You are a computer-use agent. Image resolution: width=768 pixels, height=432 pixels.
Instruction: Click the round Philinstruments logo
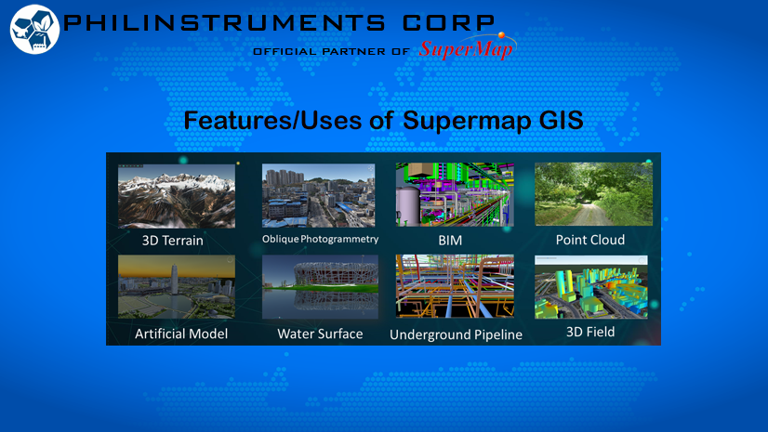click(x=34, y=30)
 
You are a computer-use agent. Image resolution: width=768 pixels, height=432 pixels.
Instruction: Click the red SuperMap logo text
click(x=466, y=49)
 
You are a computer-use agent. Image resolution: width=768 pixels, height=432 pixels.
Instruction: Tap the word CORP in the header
click(x=448, y=22)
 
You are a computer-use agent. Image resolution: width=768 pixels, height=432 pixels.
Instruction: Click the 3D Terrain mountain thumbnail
click(x=177, y=196)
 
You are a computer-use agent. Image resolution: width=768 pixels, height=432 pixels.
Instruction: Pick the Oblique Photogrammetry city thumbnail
click(x=318, y=195)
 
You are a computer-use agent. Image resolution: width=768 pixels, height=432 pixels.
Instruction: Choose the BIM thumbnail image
click(x=455, y=194)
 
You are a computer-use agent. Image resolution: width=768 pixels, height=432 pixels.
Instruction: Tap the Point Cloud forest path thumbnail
click(x=593, y=194)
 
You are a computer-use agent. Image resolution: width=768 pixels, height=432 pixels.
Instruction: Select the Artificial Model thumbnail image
click(x=177, y=287)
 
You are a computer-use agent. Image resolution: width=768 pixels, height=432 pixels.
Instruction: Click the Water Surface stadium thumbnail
click(x=321, y=287)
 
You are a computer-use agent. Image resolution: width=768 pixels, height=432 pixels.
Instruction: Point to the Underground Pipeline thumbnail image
click(x=455, y=286)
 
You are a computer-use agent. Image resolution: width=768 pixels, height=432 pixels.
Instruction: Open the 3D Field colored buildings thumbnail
click(x=591, y=287)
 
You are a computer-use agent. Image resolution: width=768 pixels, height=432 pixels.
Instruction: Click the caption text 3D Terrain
click(x=172, y=241)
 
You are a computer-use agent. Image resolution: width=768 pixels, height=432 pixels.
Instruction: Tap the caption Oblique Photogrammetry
click(x=321, y=239)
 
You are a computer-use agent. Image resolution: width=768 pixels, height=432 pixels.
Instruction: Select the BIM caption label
click(x=450, y=241)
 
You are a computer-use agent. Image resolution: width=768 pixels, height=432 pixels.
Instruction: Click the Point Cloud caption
click(x=590, y=240)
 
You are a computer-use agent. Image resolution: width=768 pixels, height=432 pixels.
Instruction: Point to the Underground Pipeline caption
click(x=456, y=334)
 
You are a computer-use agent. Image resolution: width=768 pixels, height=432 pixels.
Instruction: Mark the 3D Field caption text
click(x=590, y=332)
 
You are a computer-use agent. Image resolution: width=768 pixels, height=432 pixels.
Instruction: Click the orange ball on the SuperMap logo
click(x=501, y=35)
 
